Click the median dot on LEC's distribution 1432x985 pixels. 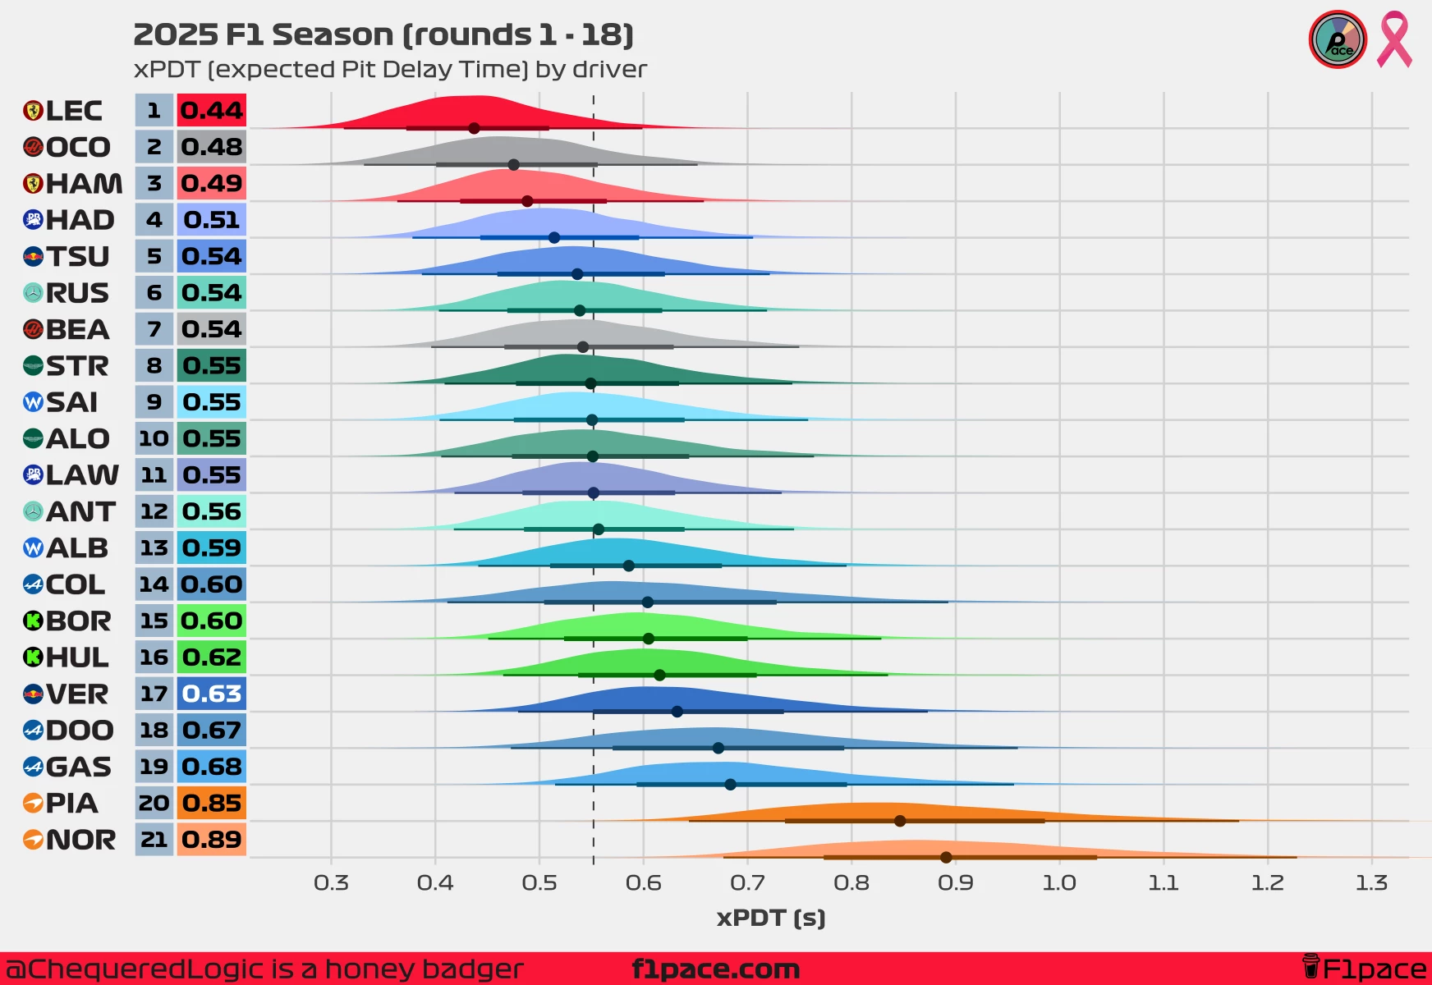pos(474,128)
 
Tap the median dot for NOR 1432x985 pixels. pos(946,857)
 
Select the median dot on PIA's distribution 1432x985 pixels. pos(900,821)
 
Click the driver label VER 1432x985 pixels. pos(77,694)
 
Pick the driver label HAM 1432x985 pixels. pos(84,184)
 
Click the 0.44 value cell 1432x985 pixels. pos(212,111)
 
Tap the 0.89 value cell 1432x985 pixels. pos(212,840)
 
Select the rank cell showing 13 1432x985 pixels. pos(154,548)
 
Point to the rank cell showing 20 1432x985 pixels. pos(154,804)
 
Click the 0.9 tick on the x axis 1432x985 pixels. pos(955,883)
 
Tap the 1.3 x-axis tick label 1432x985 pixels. pos(1371,883)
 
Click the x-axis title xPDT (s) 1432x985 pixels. pos(771,918)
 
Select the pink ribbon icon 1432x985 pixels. pos(1394,39)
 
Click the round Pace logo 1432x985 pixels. pos(1338,39)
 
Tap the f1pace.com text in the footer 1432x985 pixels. pos(716,969)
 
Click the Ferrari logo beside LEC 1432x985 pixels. pos(33,111)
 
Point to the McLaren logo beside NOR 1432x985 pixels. pos(33,840)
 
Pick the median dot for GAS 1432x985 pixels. pos(730,784)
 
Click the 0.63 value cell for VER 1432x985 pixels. pos(212,694)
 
